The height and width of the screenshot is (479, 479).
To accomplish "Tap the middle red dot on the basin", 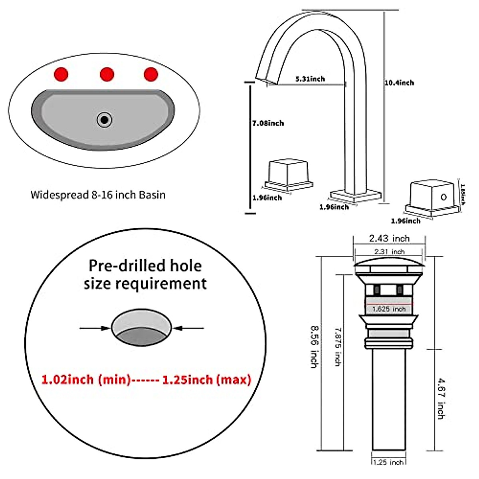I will [x=107, y=74].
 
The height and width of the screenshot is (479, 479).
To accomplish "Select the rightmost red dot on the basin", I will [x=151, y=74].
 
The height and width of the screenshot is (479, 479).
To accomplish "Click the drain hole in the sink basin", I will [x=105, y=119].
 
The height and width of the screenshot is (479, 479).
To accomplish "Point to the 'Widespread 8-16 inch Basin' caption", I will [x=98, y=195].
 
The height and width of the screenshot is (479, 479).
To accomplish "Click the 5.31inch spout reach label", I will [x=310, y=79].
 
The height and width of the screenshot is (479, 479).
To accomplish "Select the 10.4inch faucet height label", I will [x=399, y=83].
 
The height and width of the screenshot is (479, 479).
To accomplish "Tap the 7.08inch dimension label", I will [x=268, y=123].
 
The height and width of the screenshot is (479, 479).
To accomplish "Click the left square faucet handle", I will [x=288, y=173].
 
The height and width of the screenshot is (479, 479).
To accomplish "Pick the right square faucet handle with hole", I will [x=432, y=194].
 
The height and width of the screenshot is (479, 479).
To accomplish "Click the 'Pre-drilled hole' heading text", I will [x=145, y=265].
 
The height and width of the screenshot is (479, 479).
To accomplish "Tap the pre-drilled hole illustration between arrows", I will [x=142, y=328].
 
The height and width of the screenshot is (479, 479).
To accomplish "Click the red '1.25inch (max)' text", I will [x=207, y=379].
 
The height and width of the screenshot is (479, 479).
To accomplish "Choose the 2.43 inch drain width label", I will [x=389, y=239].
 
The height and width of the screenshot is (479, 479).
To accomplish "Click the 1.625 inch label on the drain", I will [x=389, y=309].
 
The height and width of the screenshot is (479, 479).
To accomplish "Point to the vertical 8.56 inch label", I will [x=314, y=346].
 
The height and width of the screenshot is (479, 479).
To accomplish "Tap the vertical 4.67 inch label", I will [x=440, y=398].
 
